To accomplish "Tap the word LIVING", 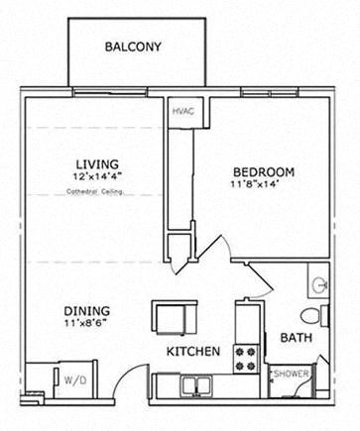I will pos(97,164).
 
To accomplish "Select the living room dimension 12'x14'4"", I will pos(97,176).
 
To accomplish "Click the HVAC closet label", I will pos(182,111).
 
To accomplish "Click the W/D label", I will pos(74,378).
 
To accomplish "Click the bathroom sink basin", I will pos(320,285).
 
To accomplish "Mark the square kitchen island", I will pos(170,317).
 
